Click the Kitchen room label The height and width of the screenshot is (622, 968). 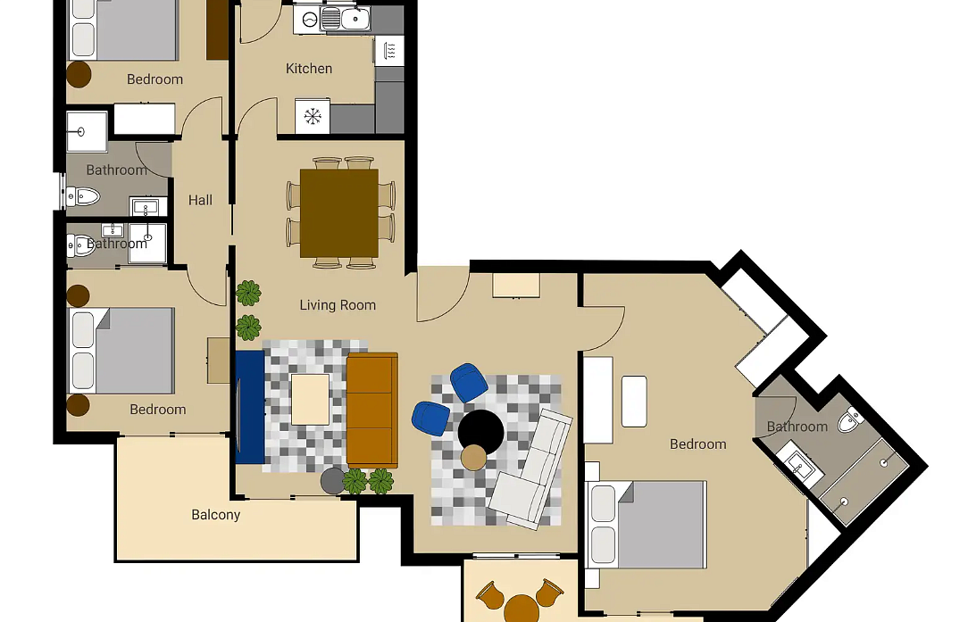pos(309,69)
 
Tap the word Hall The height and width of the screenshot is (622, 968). pos(200,200)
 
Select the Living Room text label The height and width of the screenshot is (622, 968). pos(338,305)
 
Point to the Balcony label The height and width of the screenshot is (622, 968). pos(215,515)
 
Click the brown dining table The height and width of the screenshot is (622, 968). pos(339,213)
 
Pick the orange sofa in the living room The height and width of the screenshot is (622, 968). pos(371,411)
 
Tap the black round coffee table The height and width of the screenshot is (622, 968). pos(481,431)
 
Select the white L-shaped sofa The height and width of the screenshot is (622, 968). pos(532,469)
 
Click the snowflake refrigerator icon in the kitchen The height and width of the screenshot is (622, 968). pos(313,116)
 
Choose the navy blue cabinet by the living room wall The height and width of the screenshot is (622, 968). pos(250,407)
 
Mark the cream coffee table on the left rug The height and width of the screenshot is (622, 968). pos(310,399)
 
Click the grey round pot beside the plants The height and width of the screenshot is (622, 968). pos(333,481)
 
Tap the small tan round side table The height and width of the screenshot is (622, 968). pos(473,457)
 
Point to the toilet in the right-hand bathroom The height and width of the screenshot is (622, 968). pos(849,419)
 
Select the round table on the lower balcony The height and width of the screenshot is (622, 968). pos(521,609)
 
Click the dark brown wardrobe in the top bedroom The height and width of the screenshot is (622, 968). pos(217,29)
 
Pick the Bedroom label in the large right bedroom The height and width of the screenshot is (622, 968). pos(697,444)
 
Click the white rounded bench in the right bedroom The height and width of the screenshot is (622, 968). pos(634,401)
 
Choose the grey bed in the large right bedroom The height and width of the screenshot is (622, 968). pos(648,525)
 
